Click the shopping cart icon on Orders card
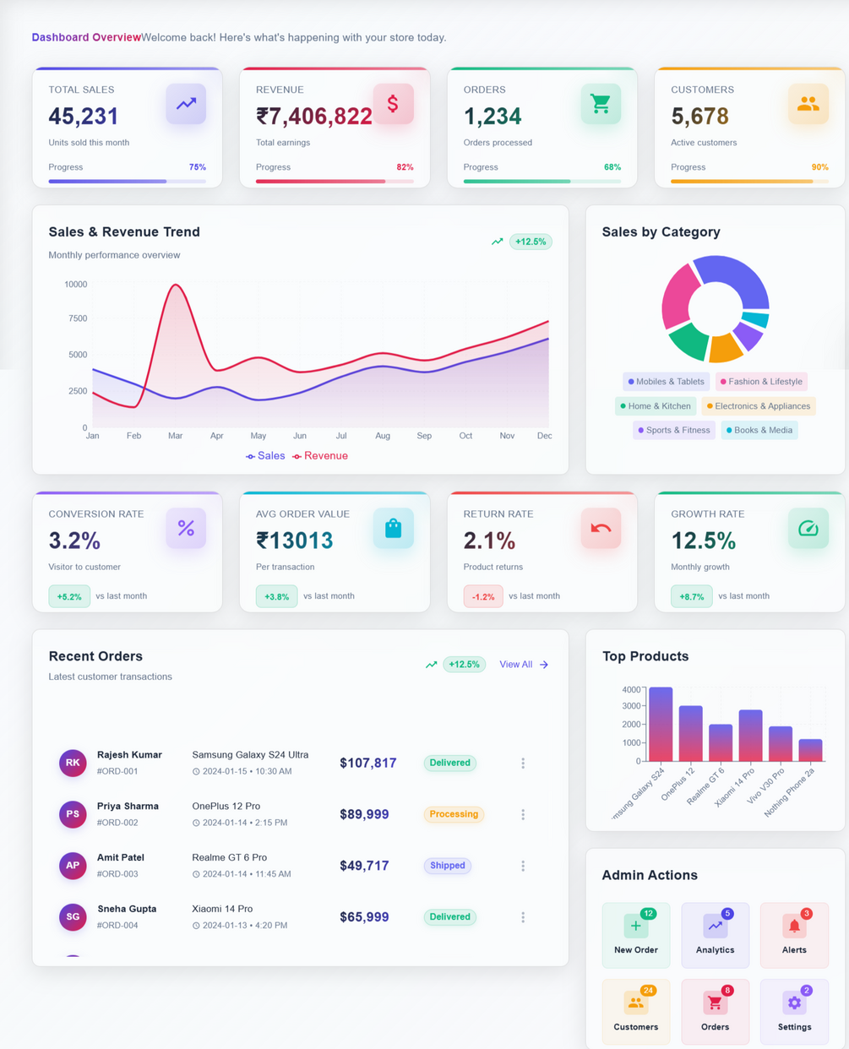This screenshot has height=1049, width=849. tap(601, 104)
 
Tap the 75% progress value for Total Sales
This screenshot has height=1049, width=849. tap(197, 167)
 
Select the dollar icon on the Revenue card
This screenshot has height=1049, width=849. tap(393, 104)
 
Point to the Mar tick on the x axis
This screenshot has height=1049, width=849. tap(175, 436)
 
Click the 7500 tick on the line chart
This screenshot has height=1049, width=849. tap(77, 318)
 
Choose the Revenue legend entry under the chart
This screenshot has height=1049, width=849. tap(320, 456)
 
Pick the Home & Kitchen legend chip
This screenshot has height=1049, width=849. tap(656, 406)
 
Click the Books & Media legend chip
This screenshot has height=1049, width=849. tap(759, 430)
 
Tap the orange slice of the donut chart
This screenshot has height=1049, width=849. tap(724, 347)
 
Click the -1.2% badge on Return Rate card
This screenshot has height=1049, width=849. tap(483, 596)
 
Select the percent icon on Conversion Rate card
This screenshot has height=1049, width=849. tap(186, 529)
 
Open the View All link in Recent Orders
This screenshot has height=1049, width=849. tap(524, 665)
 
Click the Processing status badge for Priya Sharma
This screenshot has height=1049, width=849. tap(454, 814)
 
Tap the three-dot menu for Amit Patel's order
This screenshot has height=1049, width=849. tap(523, 866)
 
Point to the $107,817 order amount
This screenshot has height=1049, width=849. tap(367, 763)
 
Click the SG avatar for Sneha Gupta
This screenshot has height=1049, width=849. tap(73, 916)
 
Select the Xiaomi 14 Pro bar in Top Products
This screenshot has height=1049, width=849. tap(750, 735)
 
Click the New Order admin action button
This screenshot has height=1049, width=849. tap(636, 934)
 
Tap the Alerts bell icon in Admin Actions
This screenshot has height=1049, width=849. tap(794, 926)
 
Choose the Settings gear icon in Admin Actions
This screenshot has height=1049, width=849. tap(794, 1003)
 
